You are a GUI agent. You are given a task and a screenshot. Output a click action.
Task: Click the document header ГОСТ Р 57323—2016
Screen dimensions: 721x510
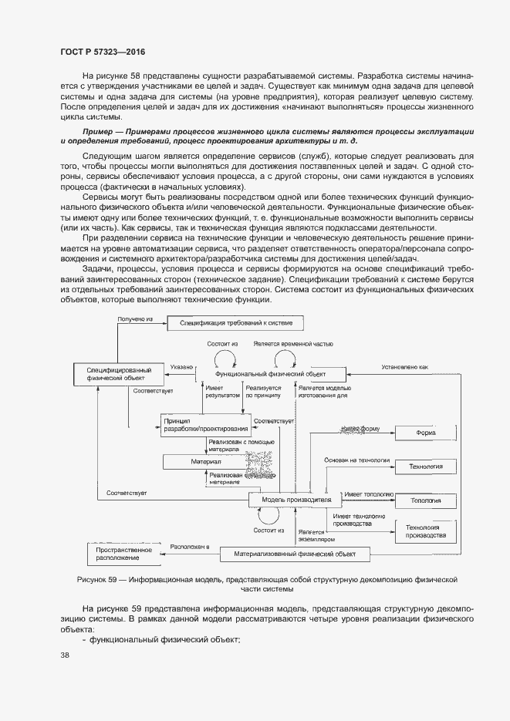[x=103, y=52]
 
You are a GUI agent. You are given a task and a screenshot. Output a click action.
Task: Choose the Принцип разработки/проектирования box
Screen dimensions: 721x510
[x=205, y=423]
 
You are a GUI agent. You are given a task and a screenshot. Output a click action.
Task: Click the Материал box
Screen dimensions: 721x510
[x=201, y=460]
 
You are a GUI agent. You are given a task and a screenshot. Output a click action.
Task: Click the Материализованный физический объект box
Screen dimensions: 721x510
[x=294, y=554]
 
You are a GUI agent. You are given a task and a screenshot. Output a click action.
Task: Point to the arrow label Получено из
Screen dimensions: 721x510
[x=137, y=318]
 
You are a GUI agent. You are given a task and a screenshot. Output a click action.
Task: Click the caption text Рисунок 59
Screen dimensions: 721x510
[x=98, y=578]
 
